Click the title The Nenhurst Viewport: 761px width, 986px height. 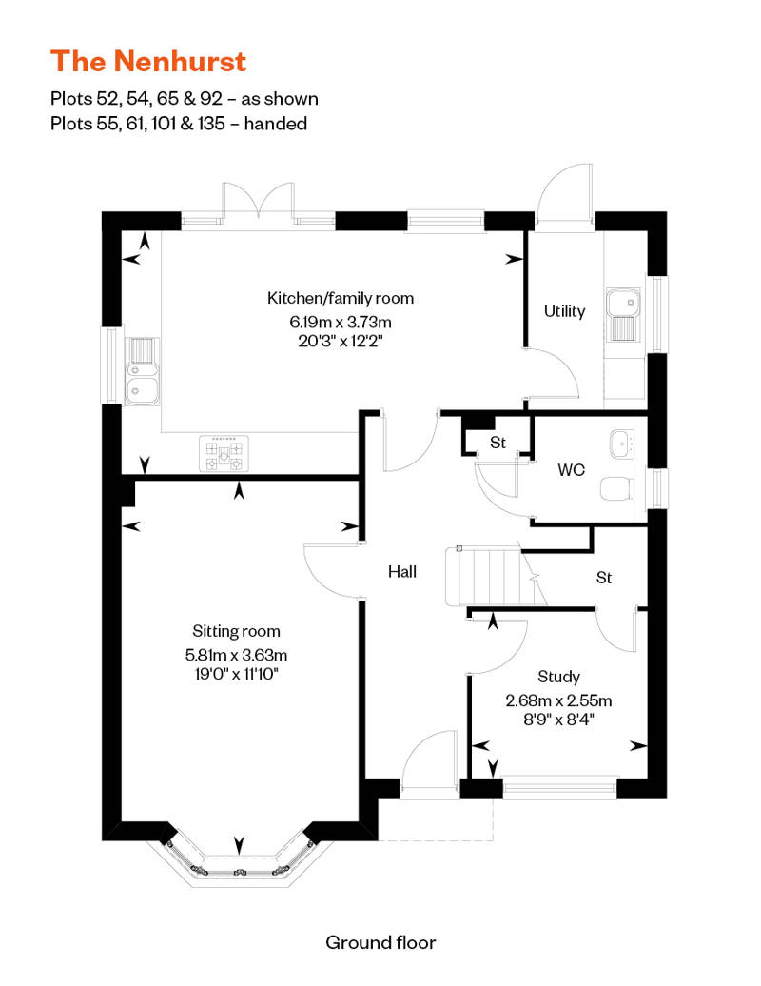[148, 62]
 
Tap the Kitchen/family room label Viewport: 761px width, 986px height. [341, 298]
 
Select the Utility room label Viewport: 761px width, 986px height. [564, 310]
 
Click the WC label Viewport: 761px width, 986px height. [571, 470]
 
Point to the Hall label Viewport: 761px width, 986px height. [402, 572]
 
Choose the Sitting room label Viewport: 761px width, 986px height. [236, 631]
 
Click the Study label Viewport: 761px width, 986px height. [558, 677]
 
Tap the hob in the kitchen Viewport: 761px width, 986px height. [224, 454]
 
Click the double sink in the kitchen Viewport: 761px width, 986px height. [142, 372]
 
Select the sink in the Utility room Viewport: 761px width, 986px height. [623, 315]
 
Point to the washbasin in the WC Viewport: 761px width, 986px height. [622, 444]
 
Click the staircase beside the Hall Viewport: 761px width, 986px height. [490, 576]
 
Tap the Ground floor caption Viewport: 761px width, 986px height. [380, 942]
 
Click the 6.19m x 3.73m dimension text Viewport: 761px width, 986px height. [341, 322]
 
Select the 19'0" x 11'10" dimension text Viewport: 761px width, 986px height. [236, 674]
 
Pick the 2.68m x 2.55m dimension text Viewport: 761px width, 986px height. [558, 700]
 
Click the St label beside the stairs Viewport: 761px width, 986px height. [604, 578]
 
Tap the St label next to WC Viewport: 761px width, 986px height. [498, 443]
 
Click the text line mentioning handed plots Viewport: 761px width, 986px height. [179, 124]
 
